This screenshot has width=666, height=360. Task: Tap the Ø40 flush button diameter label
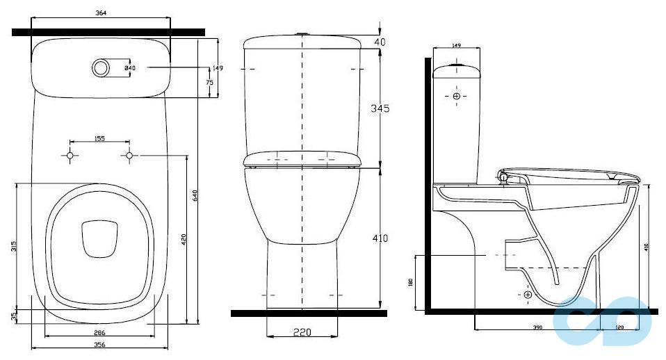tap(129, 68)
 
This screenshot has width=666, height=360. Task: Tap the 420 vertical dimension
tap(183, 240)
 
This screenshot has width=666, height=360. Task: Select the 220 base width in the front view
tap(301, 333)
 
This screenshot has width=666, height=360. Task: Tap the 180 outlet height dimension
tap(411, 284)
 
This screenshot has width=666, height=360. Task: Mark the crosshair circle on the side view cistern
tap(456, 95)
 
